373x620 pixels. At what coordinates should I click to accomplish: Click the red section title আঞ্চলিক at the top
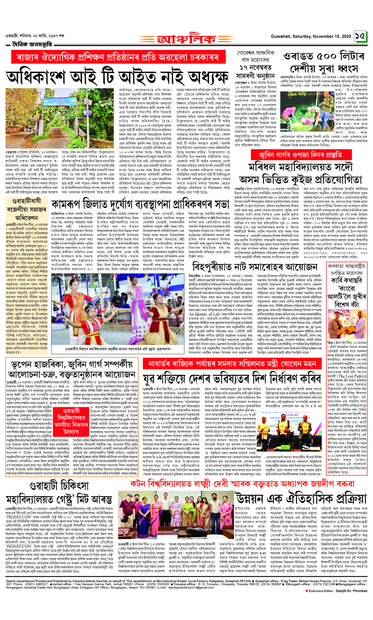[186, 39]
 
